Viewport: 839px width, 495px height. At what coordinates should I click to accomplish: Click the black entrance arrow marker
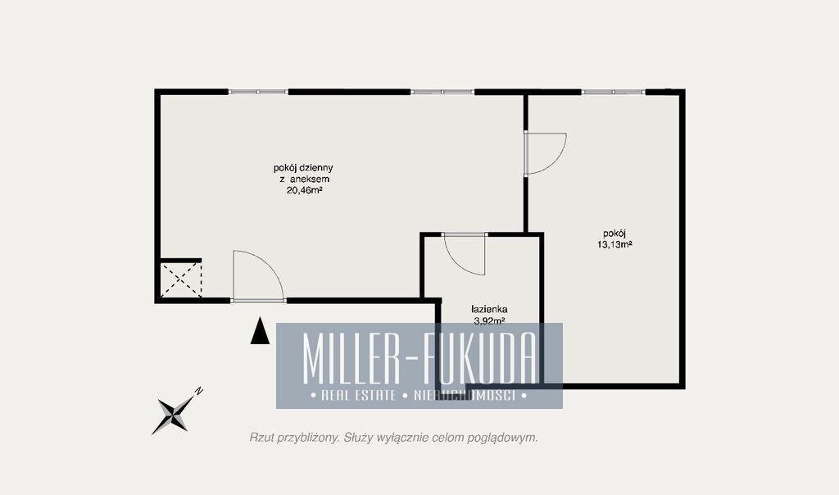260,331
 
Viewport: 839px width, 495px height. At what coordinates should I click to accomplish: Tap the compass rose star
174,414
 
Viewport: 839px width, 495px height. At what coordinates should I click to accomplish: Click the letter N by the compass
199,391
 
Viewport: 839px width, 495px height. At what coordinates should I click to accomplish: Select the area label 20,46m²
304,189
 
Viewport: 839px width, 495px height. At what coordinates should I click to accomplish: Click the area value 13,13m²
615,244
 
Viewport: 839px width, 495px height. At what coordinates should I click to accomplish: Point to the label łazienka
489,309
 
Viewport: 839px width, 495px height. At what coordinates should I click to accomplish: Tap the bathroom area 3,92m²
489,321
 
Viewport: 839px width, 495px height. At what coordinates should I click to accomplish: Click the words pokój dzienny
303,168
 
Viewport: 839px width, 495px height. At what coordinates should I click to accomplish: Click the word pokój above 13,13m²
615,234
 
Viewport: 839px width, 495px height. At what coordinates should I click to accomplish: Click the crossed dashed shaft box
181,279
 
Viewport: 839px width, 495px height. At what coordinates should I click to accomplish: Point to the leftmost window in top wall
258,92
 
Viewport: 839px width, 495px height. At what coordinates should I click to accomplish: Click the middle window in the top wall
442,92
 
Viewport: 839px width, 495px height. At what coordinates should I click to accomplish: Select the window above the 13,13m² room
613,92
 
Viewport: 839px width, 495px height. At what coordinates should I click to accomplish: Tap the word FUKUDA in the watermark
478,357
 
